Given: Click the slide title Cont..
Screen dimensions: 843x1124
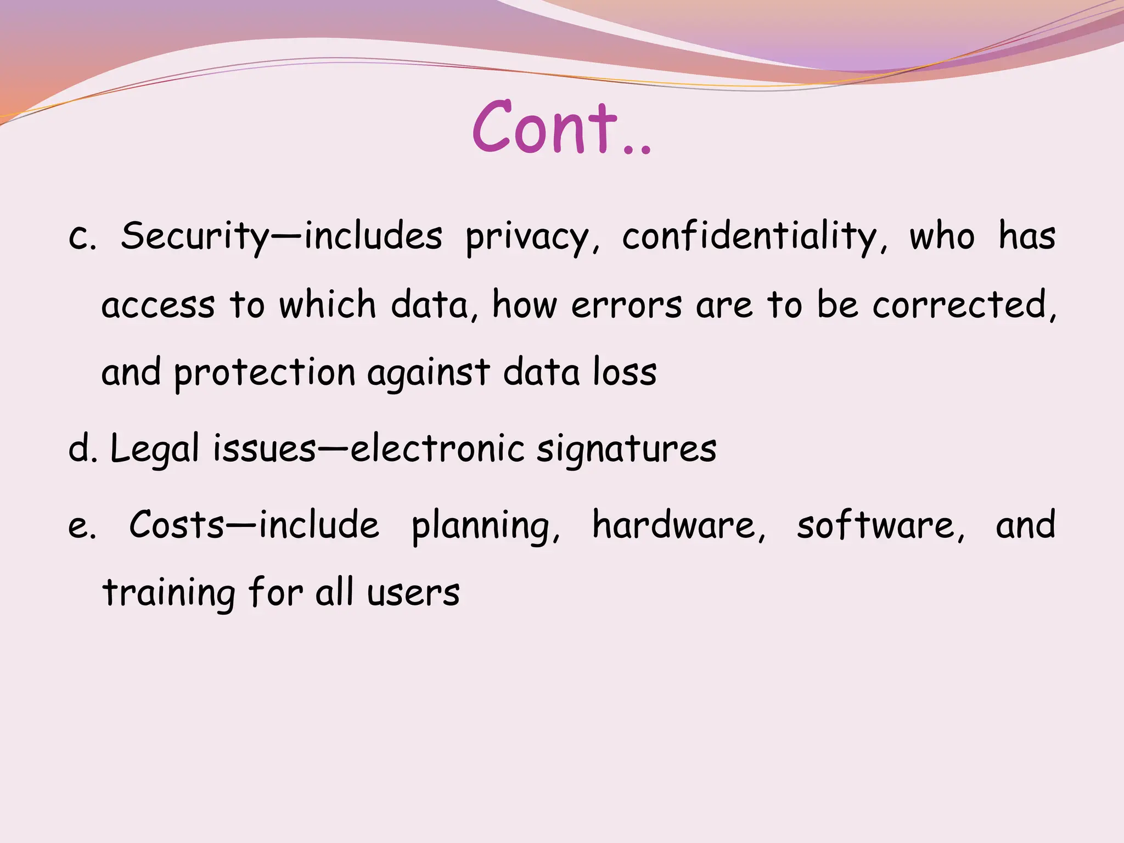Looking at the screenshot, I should point(561,128).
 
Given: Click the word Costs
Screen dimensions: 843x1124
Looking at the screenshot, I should point(177,525).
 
